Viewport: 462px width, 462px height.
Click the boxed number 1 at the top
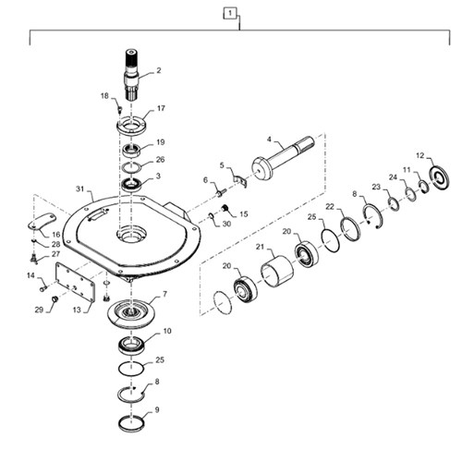230,14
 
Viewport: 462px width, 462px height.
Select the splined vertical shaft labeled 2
131,74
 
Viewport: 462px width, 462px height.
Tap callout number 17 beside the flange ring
162,108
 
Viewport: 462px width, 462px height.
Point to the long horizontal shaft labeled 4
283,158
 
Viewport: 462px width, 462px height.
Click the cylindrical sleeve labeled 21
277,272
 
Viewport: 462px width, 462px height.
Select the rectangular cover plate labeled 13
75,282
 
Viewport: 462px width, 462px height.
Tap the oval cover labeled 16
42,222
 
